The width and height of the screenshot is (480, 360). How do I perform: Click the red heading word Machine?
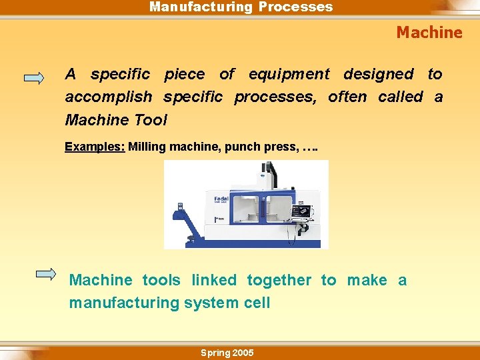pos(429,32)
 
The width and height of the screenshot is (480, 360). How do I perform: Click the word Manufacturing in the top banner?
pos(200,7)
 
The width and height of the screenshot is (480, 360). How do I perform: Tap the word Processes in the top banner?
pos(295,7)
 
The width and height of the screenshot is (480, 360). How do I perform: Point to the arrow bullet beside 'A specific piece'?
pos(34,78)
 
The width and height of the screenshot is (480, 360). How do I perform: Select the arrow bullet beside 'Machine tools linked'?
pos(47,273)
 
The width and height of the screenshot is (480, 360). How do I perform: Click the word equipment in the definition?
pos(289,74)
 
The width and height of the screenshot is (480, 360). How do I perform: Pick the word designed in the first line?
pos(378,74)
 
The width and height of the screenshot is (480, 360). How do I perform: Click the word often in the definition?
pos(347,97)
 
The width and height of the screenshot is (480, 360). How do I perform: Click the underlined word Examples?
pos(94,147)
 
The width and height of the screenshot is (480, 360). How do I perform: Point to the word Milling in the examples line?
pos(147,147)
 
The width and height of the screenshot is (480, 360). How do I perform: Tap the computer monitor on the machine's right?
pos(301,211)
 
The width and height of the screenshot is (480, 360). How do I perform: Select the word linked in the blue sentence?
pos(214,281)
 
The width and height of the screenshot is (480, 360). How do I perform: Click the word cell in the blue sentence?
pos(257,303)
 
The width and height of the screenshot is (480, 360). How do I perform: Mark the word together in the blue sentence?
pos(279,281)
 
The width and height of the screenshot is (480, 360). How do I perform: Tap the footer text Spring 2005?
pos(227,353)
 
